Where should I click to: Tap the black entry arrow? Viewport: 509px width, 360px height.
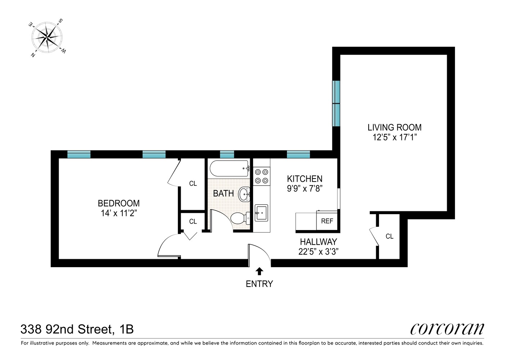(259, 271)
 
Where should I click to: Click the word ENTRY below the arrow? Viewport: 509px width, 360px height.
(259, 284)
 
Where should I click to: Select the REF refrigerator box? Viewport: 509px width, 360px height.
(327, 221)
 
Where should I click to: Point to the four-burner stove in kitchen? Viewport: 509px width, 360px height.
(261, 176)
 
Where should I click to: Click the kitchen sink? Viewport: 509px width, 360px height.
(261, 213)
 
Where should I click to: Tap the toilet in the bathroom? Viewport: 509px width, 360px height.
(239, 218)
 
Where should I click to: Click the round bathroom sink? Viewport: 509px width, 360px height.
(244, 194)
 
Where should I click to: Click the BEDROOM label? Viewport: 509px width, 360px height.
(119, 203)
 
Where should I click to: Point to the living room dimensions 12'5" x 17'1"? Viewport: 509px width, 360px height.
(395, 137)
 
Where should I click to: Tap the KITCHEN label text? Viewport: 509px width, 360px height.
(305, 179)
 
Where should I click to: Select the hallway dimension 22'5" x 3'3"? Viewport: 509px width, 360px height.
(319, 252)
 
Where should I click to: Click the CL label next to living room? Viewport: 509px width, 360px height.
(389, 237)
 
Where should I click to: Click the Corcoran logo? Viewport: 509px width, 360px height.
(447, 329)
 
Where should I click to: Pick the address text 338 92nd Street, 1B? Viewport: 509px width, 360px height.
(77, 329)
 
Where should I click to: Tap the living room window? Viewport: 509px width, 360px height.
(336, 103)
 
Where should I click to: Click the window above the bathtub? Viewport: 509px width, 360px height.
(227, 154)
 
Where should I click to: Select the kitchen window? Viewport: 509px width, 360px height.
(298, 154)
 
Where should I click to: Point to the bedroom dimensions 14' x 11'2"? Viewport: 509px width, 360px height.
(119, 213)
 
